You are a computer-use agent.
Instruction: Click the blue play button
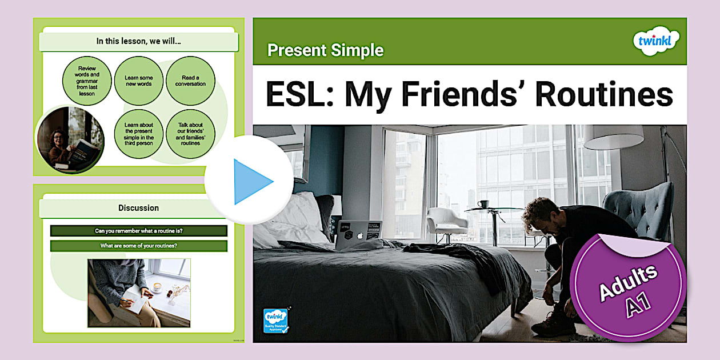coord(250,181)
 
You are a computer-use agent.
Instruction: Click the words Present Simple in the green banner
coord(325,50)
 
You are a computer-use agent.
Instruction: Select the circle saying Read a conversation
coord(190,81)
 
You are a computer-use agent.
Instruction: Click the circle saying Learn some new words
coord(139,81)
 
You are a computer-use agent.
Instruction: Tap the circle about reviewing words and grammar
coord(87,81)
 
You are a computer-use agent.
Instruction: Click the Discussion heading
coord(138,208)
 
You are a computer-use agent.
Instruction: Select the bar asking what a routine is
coord(138,231)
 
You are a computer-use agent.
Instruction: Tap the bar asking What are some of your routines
coord(138,246)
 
